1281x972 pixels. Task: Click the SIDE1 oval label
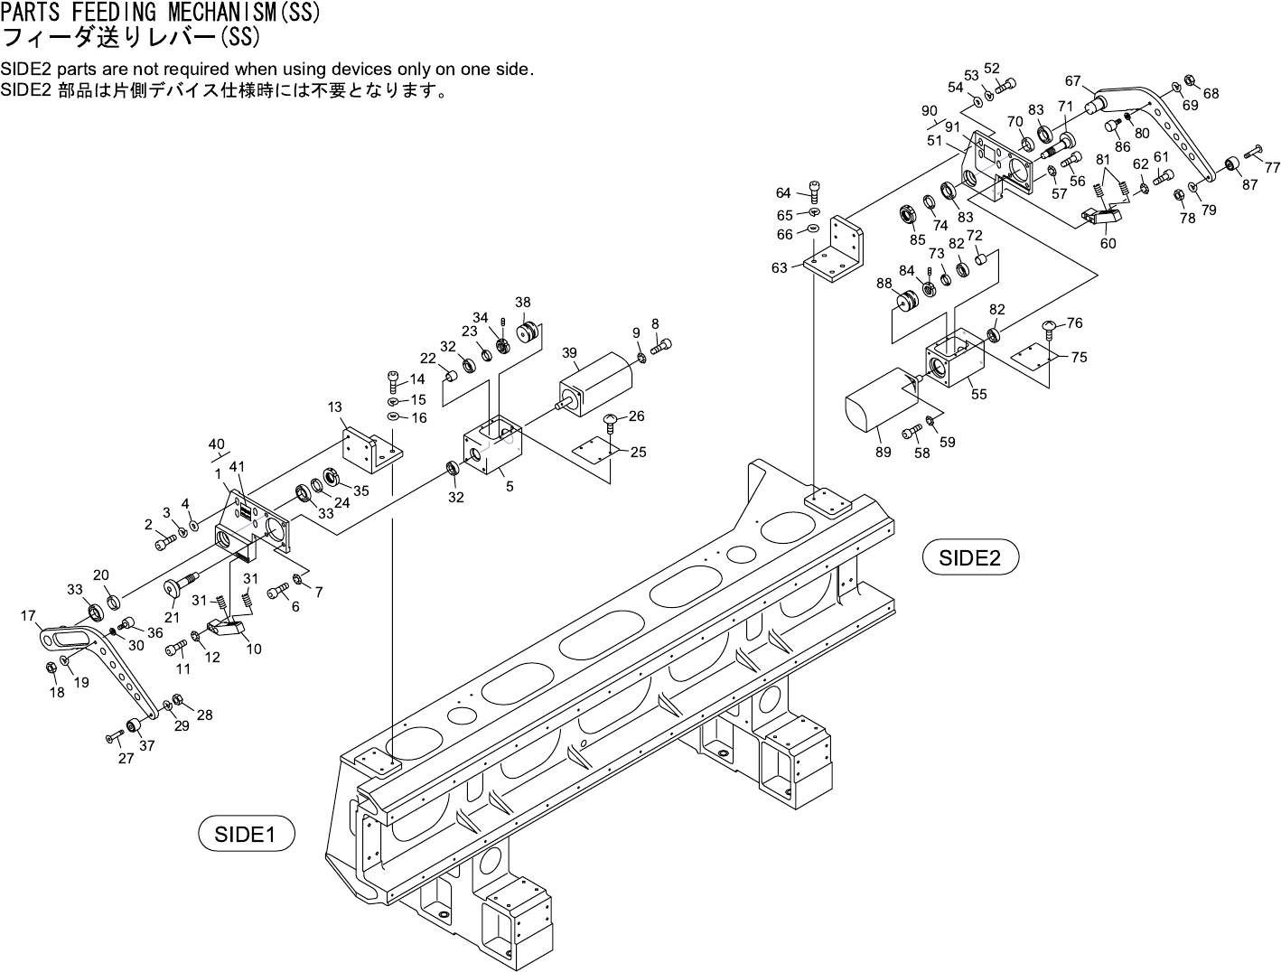pos(247,833)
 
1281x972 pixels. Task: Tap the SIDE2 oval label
pos(970,557)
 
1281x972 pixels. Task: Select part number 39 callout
pos(569,353)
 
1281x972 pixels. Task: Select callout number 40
pos(217,444)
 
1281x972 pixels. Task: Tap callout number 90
pos(929,111)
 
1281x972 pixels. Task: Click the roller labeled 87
pos(1229,165)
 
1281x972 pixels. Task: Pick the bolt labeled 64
pos(815,191)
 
